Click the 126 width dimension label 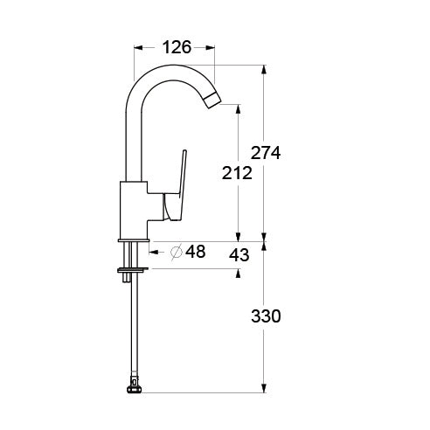177,47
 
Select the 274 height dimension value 266,152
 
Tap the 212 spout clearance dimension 237,173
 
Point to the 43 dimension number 239,254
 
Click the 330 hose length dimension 266,316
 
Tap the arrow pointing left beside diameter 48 154,253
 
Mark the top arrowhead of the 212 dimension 237,110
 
